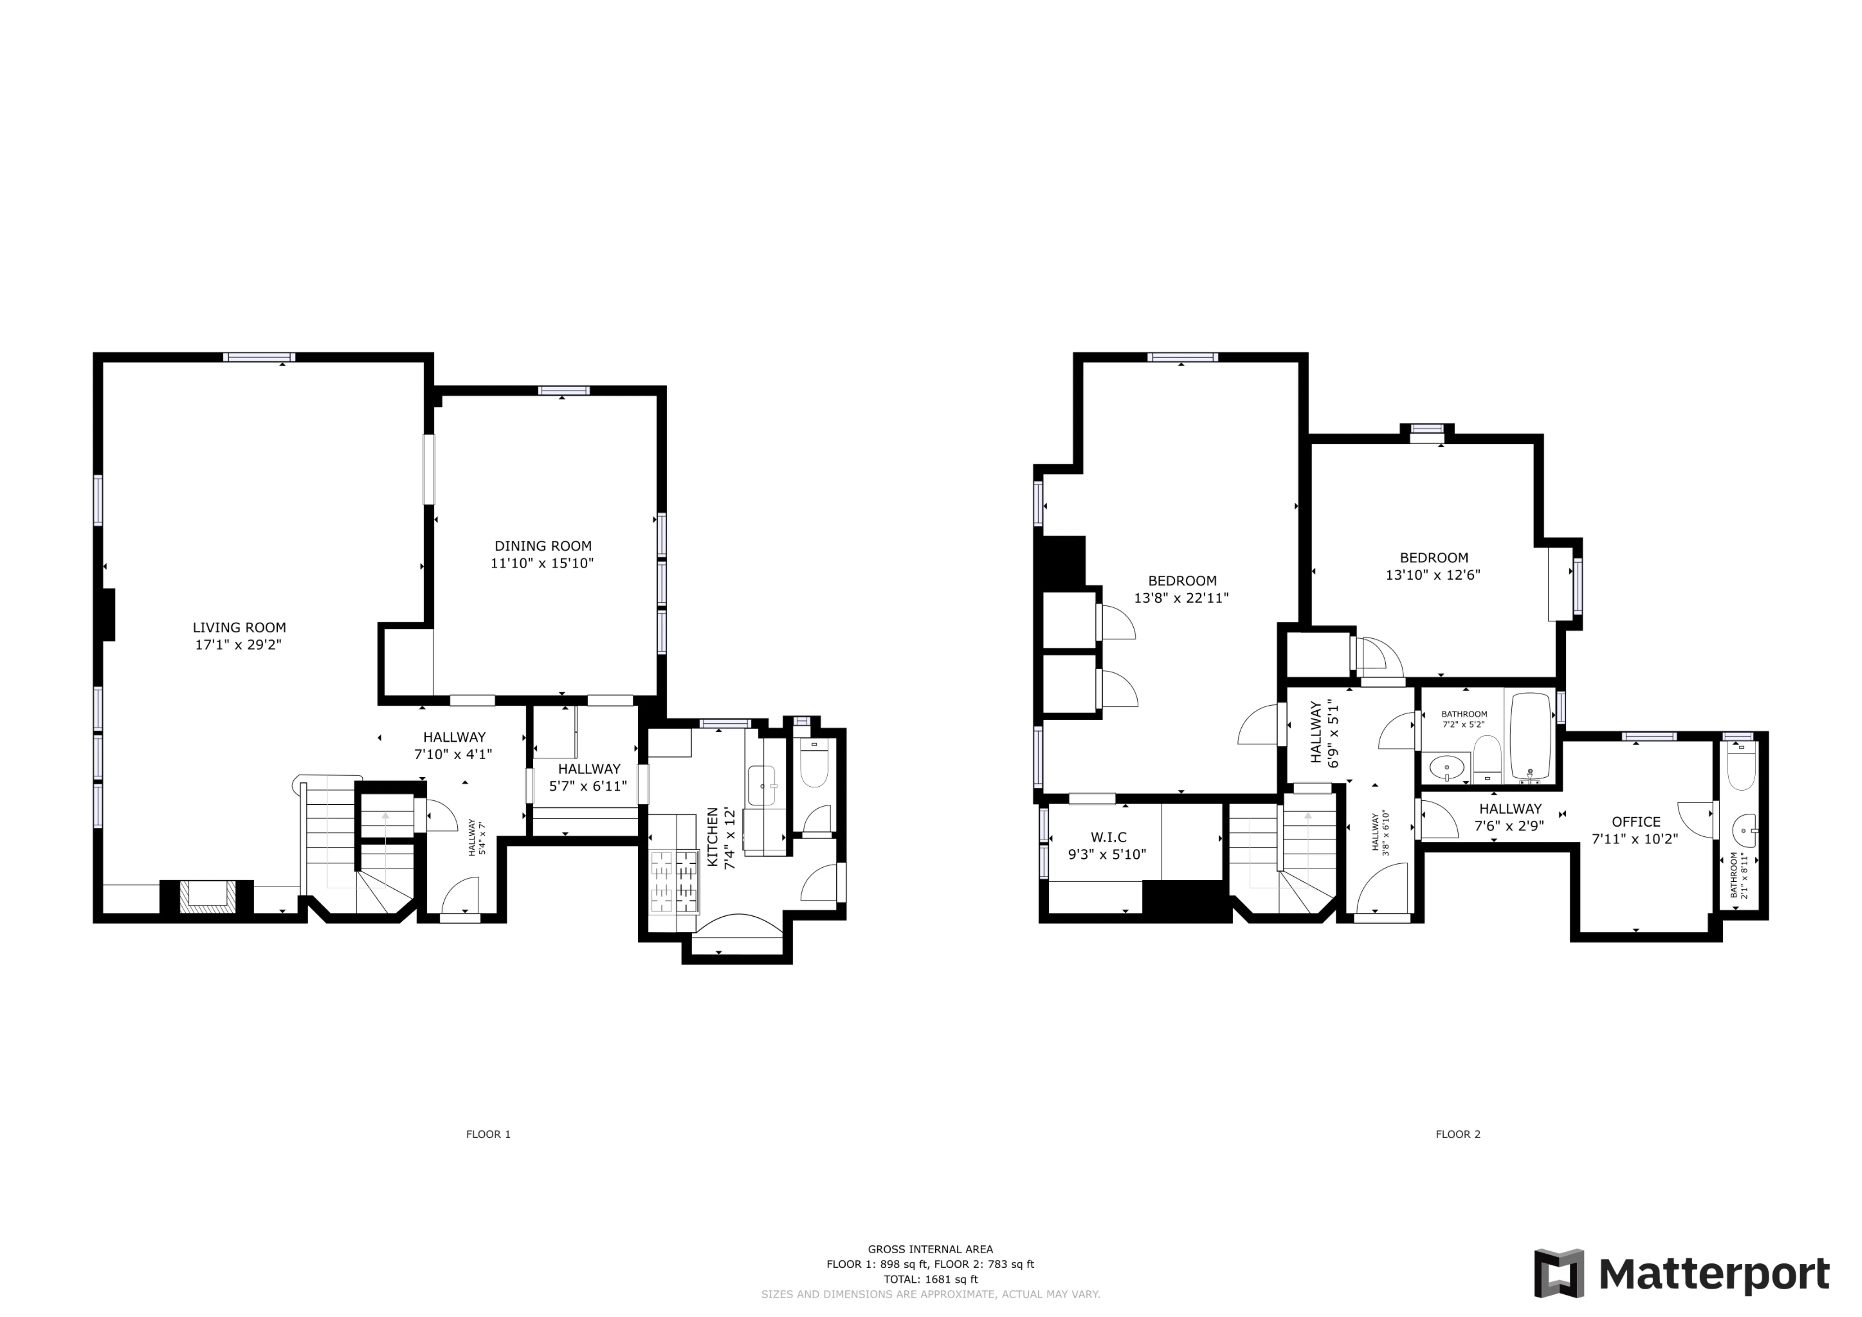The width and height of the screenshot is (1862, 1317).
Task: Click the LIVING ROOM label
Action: tap(239, 627)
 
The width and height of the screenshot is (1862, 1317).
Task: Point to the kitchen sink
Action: tap(762, 785)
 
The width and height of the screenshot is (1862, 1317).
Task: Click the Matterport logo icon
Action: tap(1559, 1273)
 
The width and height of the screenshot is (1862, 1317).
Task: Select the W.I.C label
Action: tap(1108, 837)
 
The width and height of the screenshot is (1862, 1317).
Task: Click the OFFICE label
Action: tap(1636, 821)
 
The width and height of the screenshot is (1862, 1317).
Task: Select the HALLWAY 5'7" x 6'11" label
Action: tap(589, 777)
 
